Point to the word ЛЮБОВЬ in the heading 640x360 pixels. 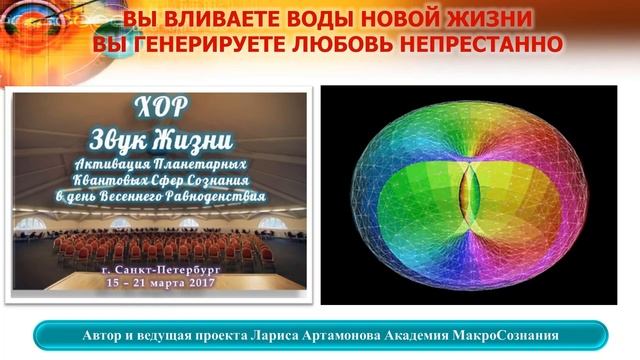pyautogui.click(x=379, y=44)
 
